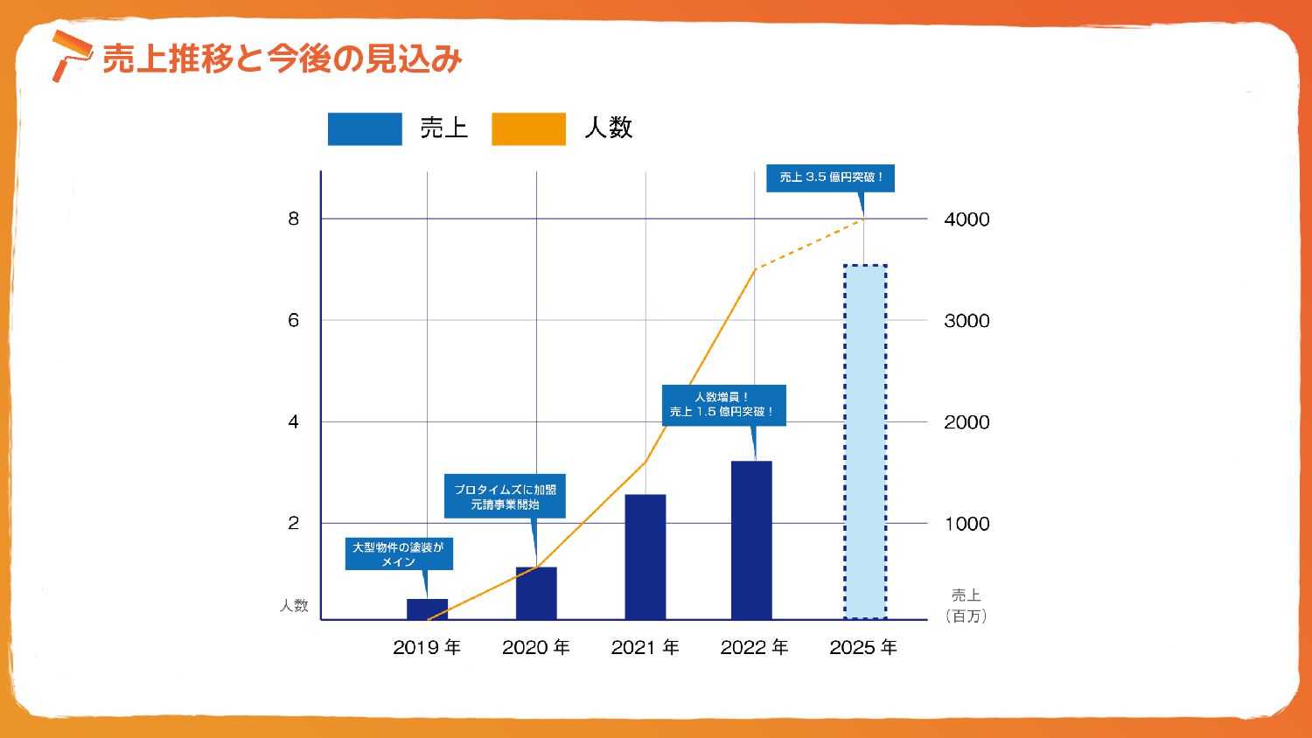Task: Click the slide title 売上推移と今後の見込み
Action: pos(282,59)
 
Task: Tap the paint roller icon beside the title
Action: pos(70,54)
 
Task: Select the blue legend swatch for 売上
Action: pos(365,129)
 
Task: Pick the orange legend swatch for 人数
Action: pos(528,129)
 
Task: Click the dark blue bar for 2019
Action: pos(427,609)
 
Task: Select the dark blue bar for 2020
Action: pos(536,594)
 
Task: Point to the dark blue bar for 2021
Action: pos(646,557)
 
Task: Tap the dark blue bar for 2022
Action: pos(751,540)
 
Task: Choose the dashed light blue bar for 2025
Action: pos(865,442)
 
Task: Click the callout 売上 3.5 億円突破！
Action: pos(830,178)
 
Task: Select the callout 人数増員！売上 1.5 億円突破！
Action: pos(723,405)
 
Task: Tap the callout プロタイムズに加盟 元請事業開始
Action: pos(505,497)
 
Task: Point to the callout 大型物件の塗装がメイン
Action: pos(399,554)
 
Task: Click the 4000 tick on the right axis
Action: pos(967,219)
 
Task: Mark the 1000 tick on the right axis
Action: pos(967,524)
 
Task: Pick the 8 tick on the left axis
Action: pos(294,219)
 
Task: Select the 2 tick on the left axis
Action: pos(294,523)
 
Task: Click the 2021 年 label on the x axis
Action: pos(646,647)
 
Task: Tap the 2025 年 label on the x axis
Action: pos(863,647)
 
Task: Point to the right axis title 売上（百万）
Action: pos(967,605)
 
